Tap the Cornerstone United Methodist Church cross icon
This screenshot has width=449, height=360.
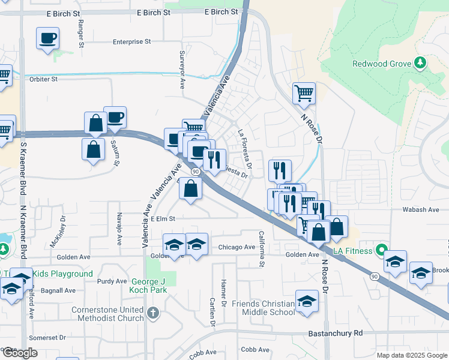click(154, 312)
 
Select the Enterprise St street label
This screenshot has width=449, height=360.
click(131, 42)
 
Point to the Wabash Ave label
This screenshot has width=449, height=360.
click(425, 209)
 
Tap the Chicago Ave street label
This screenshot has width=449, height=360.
click(237, 247)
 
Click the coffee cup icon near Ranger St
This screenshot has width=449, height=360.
click(47, 39)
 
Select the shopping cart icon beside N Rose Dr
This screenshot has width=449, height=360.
click(304, 93)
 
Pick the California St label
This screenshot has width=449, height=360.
click(262, 248)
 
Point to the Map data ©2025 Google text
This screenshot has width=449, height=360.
click(411, 355)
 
